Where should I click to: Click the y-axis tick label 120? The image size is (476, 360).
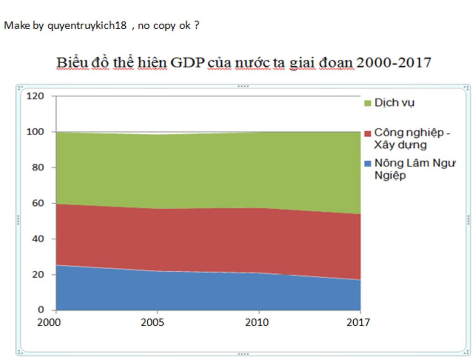[35, 96]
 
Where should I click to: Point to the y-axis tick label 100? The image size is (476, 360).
[35, 132]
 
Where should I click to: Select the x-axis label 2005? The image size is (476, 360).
[152, 322]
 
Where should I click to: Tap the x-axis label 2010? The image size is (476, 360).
[257, 322]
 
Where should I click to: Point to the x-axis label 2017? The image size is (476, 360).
[358, 322]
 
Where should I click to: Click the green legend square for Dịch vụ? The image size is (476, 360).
[368, 103]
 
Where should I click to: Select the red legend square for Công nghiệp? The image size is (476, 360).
[368, 133]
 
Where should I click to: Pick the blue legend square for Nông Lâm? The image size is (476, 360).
[368, 164]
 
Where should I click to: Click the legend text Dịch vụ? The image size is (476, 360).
[394, 103]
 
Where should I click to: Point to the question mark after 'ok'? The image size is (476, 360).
[197, 26]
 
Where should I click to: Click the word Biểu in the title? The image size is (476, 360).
[70, 63]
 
